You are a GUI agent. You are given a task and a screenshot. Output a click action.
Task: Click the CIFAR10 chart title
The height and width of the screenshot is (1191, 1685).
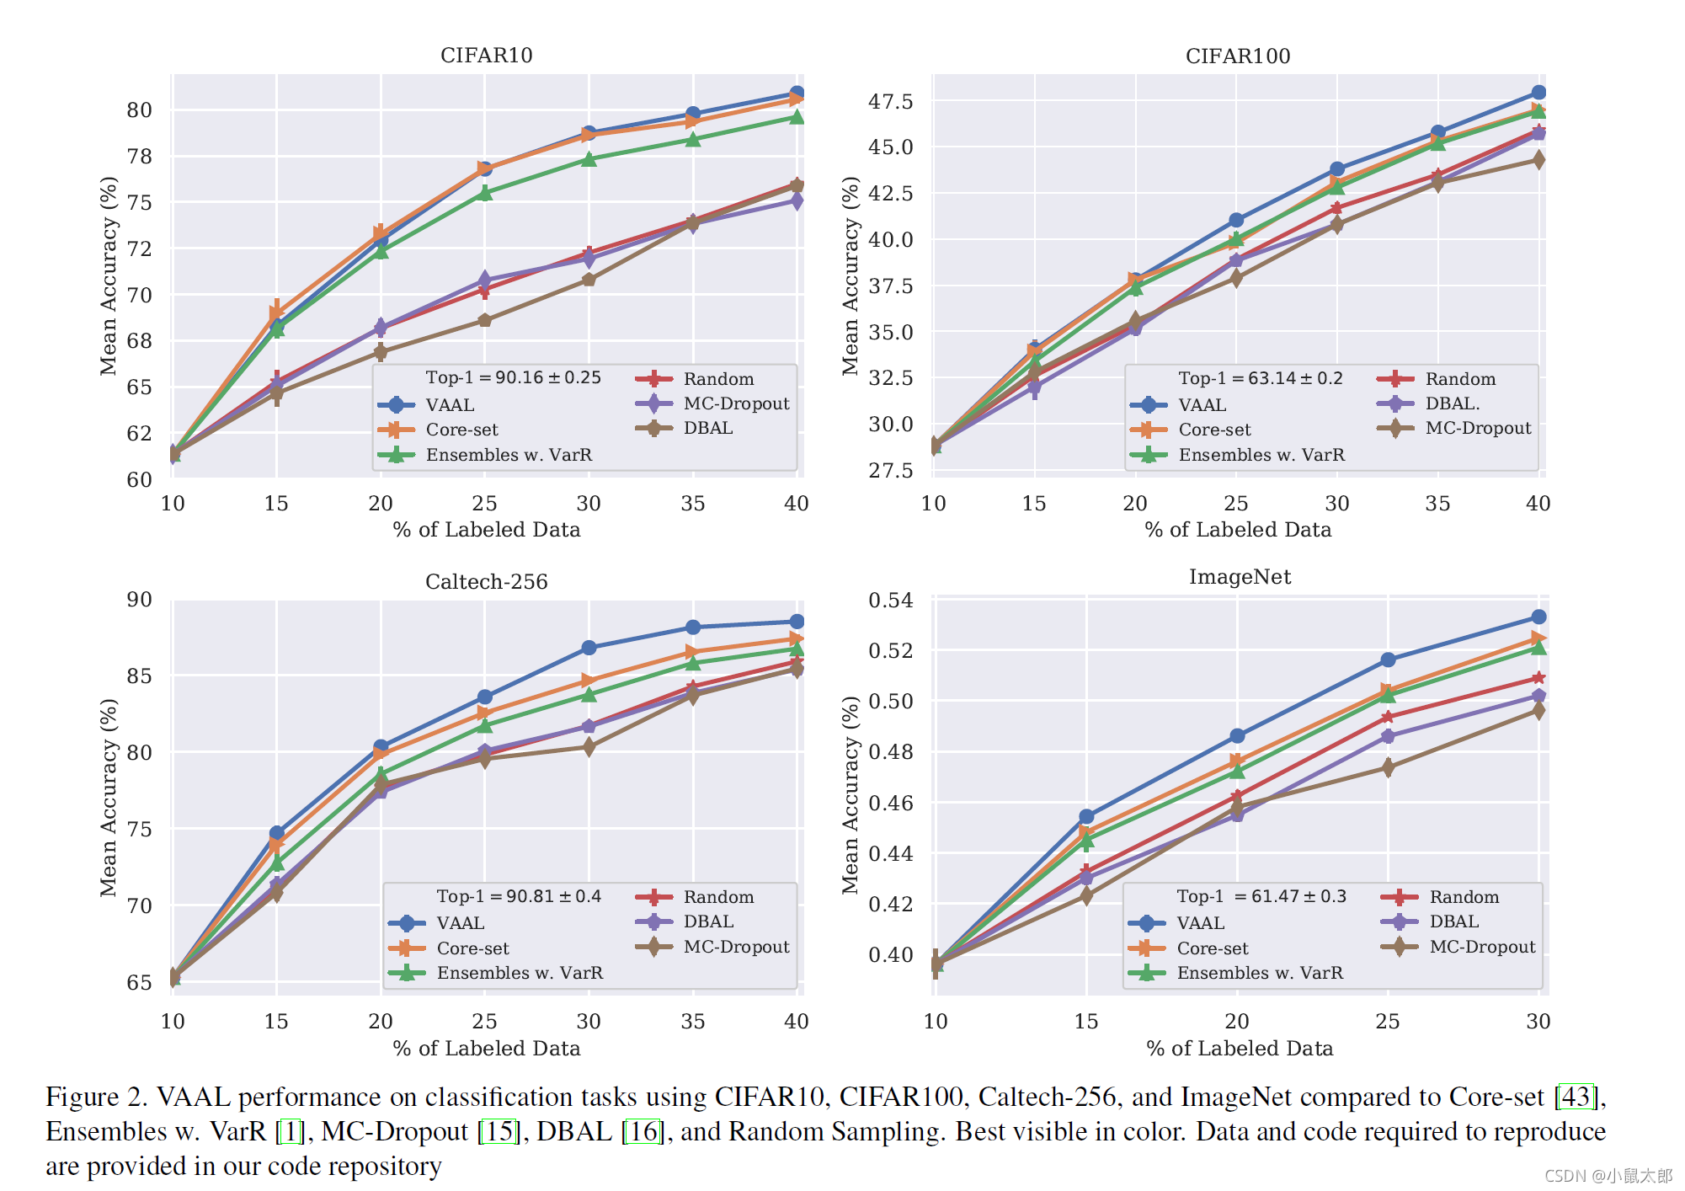pyautogui.click(x=486, y=56)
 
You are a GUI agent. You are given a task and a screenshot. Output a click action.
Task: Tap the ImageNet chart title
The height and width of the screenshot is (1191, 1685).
pyautogui.click(x=1239, y=577)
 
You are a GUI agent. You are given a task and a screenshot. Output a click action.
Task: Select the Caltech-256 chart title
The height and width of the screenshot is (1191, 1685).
pyautogui.click(x=486, y=582)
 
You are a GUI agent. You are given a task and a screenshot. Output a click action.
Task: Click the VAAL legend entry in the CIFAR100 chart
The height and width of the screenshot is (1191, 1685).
pyautogui.click(x=1202, y=405)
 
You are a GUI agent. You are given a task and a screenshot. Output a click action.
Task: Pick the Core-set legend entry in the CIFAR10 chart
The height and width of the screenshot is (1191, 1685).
pyautogui.click(x=461, y=430)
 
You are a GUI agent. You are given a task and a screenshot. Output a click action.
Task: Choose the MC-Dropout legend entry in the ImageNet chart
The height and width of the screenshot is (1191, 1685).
pyautogui.click(x=1482, y=947)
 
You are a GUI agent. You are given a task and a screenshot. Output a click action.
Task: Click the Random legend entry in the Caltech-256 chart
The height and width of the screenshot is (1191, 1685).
pyautogui.click(x=717, y=897)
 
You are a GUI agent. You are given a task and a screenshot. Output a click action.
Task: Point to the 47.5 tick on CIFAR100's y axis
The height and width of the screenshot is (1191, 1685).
pyautogui.click(x=890, y=102)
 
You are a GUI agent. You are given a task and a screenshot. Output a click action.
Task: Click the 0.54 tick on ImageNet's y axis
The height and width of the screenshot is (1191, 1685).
pyautogui.click(x=890, y=601)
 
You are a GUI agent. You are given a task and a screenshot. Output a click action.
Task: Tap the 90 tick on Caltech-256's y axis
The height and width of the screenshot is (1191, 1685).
pyautogui.click(x=139, y=600)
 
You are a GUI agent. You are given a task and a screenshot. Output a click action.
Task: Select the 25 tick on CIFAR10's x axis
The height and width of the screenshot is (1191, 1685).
pyautogui.click(x=484, y=504)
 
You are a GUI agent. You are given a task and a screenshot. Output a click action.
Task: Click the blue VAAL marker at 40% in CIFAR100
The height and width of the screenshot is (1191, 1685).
pyautogui.click(x=1538, y=93)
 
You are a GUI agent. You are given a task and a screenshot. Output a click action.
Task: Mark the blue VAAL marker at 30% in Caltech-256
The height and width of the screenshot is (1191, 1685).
pyautogui.click(x=589, y=648)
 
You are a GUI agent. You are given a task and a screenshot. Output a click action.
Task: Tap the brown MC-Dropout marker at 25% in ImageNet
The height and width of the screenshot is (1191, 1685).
pyautogui.click(x=1388, y=767)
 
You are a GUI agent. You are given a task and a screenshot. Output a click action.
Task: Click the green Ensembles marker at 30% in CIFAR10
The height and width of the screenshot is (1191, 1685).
pyautogui.click(x=589, y=159)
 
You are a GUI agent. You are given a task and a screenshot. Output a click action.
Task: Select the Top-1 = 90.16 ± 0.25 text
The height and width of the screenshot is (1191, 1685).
pyautogui.click(x=513, y=377)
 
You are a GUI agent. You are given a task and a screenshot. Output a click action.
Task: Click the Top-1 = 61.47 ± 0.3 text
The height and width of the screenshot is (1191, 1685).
pyautogui.click(x=1261, y=896)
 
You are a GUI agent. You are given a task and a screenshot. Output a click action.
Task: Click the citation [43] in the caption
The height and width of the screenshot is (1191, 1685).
pyautogui.click(x=1576, y=1097)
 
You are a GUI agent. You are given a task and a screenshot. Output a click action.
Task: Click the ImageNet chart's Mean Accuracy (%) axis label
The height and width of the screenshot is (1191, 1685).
pyautogui.click(x=850, y=794)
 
